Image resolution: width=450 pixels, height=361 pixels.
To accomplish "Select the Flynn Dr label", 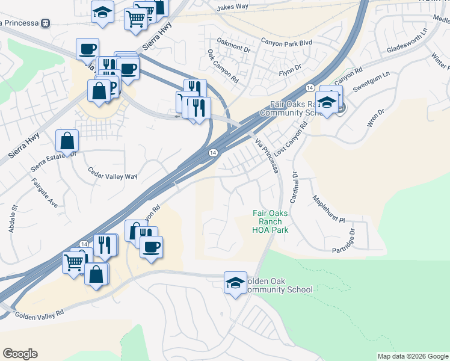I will point(289,73).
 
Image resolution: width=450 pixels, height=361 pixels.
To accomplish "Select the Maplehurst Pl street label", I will point(328,209).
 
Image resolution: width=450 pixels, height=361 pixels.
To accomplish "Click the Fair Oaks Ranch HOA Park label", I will point(270,221).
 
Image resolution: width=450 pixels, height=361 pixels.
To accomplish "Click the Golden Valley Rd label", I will point(39,314).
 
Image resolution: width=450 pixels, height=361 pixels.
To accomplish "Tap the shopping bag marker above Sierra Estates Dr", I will point(67,140).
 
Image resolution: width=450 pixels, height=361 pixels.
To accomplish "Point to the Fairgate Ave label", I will point(45,195).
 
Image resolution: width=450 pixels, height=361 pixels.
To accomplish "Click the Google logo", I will point(20,354).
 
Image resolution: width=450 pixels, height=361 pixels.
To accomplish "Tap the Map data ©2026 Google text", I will point(412,356).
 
